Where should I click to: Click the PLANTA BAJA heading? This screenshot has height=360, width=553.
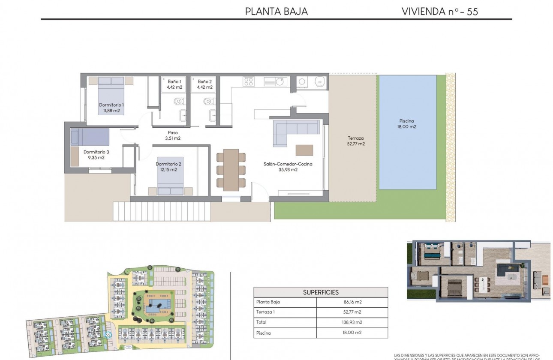(x=276, y=12)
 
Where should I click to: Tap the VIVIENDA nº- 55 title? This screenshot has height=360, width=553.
(x=439, y=12)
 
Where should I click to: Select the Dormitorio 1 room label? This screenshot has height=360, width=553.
(x=111, y=108)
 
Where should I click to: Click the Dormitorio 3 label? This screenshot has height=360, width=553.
(x=96, y=154)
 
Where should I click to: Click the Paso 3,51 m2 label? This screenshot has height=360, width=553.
(x=173, y=135)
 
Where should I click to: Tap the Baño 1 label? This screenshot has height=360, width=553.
(x=174, y=84)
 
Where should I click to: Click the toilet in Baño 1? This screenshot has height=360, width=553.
(x=179, y=102)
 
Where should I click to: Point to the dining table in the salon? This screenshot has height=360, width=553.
(x=231, y=170)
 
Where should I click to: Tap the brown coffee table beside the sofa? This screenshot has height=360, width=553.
(x=304, y=150)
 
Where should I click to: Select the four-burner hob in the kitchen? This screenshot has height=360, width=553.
(x=249, y=81)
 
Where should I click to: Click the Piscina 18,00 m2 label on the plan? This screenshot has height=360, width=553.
(x=407, y=123)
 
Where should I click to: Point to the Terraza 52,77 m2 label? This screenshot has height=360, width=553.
(x=356, y=141)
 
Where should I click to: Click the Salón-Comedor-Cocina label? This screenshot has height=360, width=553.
(x=288, y=167)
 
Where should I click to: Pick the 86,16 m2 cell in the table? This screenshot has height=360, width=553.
(x=352, y=302)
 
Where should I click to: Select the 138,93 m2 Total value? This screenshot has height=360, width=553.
(x=352, y=322)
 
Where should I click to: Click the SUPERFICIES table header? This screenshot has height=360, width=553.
(x=321, y=292)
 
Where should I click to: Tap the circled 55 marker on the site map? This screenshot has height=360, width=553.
(x=108, y=335)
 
